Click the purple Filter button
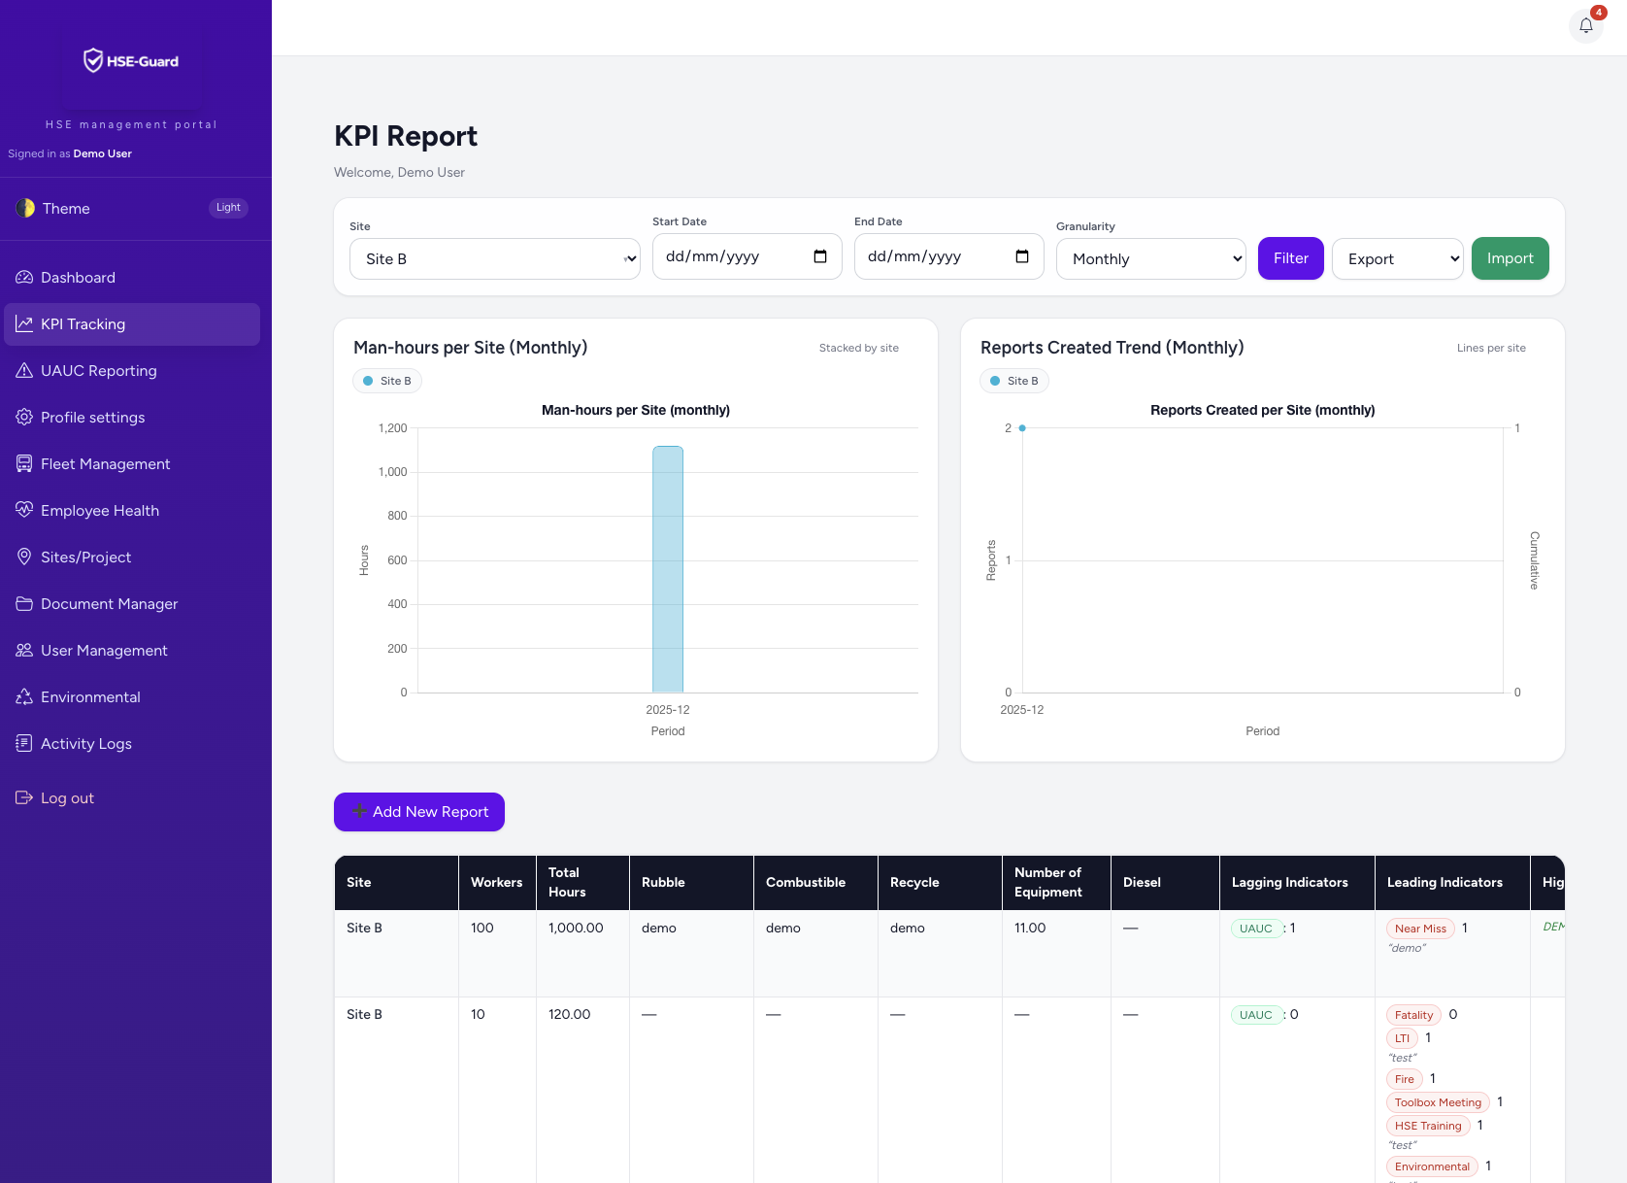[x=1290, y=258]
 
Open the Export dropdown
[x=1397, y=258]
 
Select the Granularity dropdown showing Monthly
[x=1150, y=258]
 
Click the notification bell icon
[x=1585, y=26]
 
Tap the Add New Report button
[x=419, y=812]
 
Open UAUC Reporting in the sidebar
[x=98, y=371]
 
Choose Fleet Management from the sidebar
[x=105, y=464]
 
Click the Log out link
[x=67, y=798]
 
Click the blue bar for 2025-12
[x=668, y=569]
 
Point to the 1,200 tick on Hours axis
[x=392, y=428]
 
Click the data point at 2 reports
[x=1022, y=428]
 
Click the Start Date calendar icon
[x=820, y=256]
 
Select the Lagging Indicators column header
[x=1289, y=882]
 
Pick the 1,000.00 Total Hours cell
[x=576, y=928]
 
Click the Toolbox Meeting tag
[x=1438, y=1102]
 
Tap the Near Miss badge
[x=1420, y=929]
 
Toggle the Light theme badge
[x=228, y=208]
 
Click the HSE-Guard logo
[x=131, y=61]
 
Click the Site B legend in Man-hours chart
[x=387, y=381]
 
